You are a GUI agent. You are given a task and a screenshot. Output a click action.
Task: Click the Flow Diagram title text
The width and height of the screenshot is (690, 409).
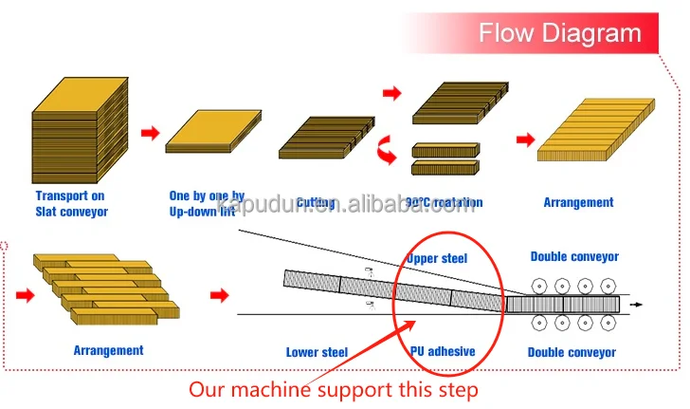click(x=559, y=33)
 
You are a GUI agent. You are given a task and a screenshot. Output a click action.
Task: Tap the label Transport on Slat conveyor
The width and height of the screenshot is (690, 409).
click(x=71, y=204)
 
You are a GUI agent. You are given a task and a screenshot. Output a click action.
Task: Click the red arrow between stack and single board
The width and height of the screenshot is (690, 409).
click(x=149, y=133)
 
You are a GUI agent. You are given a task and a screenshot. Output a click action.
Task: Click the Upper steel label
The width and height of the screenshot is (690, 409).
click(x=437, y=258)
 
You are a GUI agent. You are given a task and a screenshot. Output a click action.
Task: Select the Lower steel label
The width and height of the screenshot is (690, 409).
click(x=317, y=352)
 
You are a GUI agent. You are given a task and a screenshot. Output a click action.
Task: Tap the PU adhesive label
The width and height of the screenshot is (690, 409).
click(x=443, y=352)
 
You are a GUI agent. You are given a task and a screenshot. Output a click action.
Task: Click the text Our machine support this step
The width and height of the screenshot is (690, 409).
click(x=333, y=389)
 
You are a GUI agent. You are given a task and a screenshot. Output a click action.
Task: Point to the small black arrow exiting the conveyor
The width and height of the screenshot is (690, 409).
click(x=636, y=305)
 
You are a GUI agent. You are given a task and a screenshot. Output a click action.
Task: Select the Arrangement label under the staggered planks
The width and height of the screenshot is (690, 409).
click(x=109, y=350)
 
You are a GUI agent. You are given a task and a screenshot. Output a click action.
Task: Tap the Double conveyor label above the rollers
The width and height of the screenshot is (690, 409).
click(x=574, y=256)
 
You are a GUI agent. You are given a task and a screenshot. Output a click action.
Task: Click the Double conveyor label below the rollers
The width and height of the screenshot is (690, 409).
click(x=572, y=352)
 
